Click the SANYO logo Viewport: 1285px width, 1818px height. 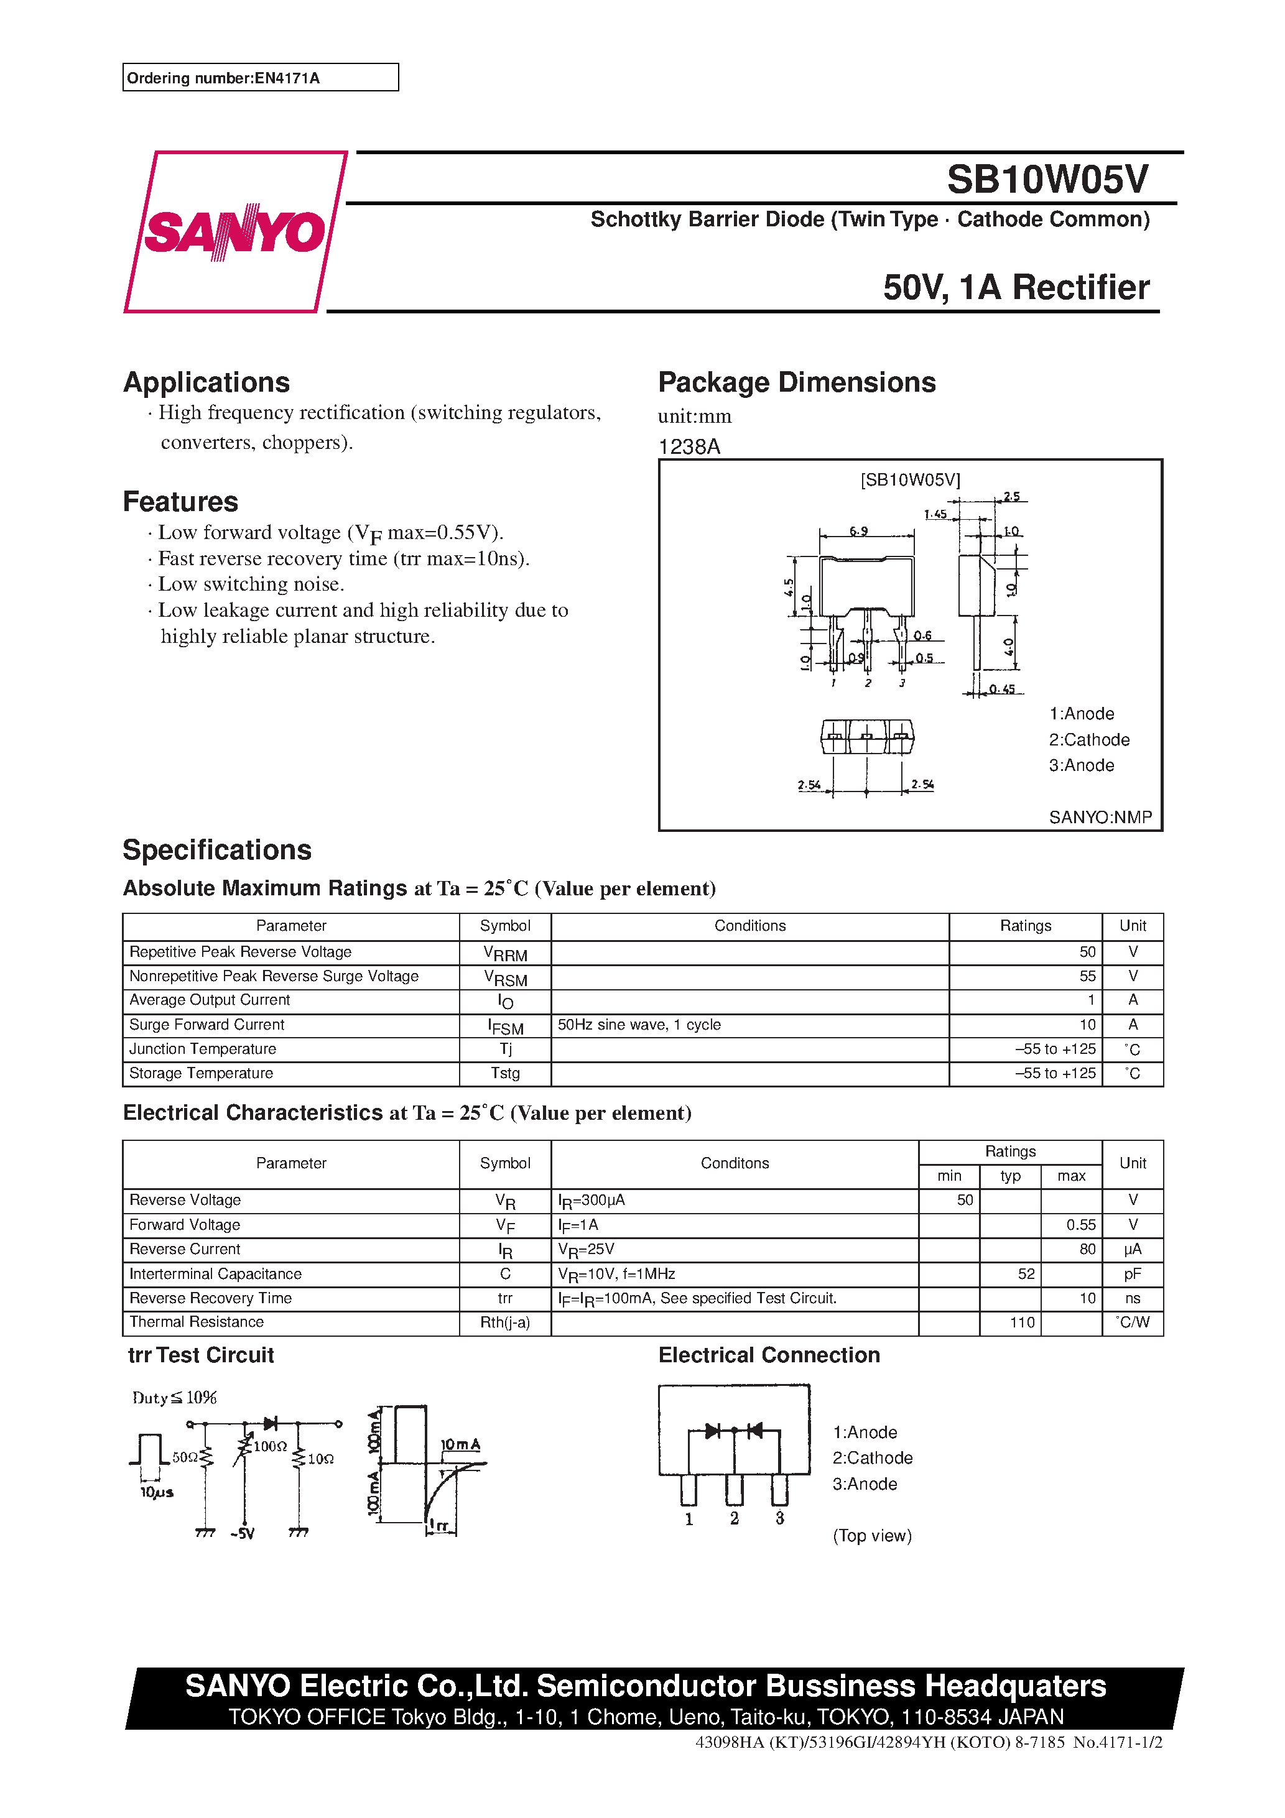pyautogui.click(x=234, y=232)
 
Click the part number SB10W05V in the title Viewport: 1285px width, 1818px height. pyautogui.click(x=1047, y=179)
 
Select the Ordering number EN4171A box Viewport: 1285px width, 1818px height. pyautogui.click(x=260, y=78)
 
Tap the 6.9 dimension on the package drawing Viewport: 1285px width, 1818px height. pyautogui.click(x=858, y=532)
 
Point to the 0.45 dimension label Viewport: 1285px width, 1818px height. pyautogui.click(x=1001, y=689)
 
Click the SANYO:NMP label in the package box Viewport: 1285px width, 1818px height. pyautogui.click(x=1100, y=817)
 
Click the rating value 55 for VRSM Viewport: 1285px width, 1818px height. pyautogui.click(x=1087, y=976)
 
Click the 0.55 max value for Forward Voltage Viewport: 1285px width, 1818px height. pyautogui.click(x=1080, y=1225)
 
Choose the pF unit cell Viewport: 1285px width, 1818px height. pyautogui.click(x=1132, y=1274)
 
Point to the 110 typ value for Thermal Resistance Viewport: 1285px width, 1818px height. pyautogui.click(x=1022, y=1322)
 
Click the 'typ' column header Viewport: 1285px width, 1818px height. pyautogui.click(x=1010, y=1176)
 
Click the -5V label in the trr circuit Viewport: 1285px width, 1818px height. pyautogui.click(x=243, y=1534)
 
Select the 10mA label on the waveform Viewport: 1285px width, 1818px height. pyautogui.click(x=460, y=1444)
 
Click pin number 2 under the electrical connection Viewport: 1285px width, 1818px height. pyautogui.click(x=735, y=1518)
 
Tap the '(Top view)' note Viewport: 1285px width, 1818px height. pyautogui.click(x=871, y=1535)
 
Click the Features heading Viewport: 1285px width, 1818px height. pyautogui.click(x=180, y=502)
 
